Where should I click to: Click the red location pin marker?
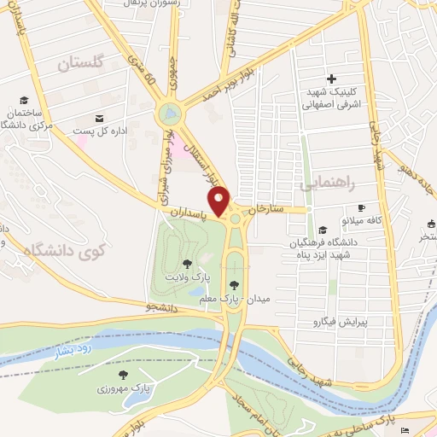(x=220, y=201)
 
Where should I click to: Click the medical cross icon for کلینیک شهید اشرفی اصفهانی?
(x=332, y=79)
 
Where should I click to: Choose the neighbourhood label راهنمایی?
(x=324, y=182)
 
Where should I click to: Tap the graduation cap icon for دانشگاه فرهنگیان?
(x=322, y=230)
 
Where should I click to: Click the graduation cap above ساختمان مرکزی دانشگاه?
(x=24, y=100)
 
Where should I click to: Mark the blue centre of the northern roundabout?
(x=169, y=113)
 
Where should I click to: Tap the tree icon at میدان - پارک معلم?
(x=233, y=286)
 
